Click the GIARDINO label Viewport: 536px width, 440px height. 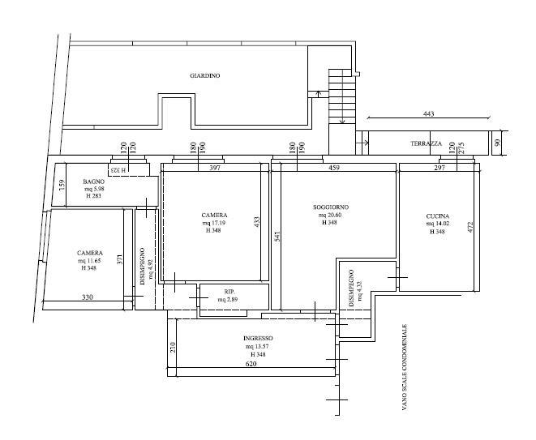205,76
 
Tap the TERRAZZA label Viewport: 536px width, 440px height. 426,143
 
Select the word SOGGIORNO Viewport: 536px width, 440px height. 331,207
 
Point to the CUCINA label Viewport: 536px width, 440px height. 438,216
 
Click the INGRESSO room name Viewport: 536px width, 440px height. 258,338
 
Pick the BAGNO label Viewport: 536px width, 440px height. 94,182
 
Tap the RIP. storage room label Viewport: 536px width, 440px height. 229,292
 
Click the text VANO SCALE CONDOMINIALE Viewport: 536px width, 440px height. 405,367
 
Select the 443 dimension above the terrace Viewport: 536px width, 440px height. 428,113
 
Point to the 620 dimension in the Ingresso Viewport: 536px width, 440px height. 251,364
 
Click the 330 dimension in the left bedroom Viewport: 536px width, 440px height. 88,297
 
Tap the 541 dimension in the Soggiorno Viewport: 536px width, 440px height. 277,237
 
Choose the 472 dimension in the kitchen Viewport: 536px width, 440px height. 470,228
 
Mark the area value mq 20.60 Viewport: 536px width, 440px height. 330,216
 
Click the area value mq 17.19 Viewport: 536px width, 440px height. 213,223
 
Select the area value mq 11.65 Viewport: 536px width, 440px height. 89,261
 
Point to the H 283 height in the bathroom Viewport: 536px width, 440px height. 94,196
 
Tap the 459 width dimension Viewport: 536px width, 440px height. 334,168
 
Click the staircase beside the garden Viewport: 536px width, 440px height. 342,96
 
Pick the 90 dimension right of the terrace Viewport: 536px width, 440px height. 497,143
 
